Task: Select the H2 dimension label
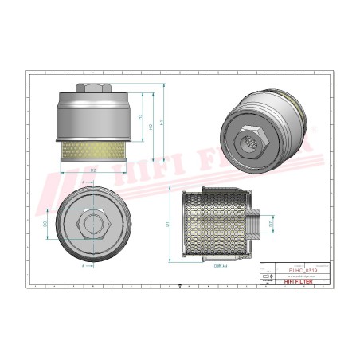[151, 126]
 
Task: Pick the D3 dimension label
[45, 225]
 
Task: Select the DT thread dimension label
[272, 225]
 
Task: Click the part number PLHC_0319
[304, 272]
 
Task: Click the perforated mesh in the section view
[215, 227]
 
